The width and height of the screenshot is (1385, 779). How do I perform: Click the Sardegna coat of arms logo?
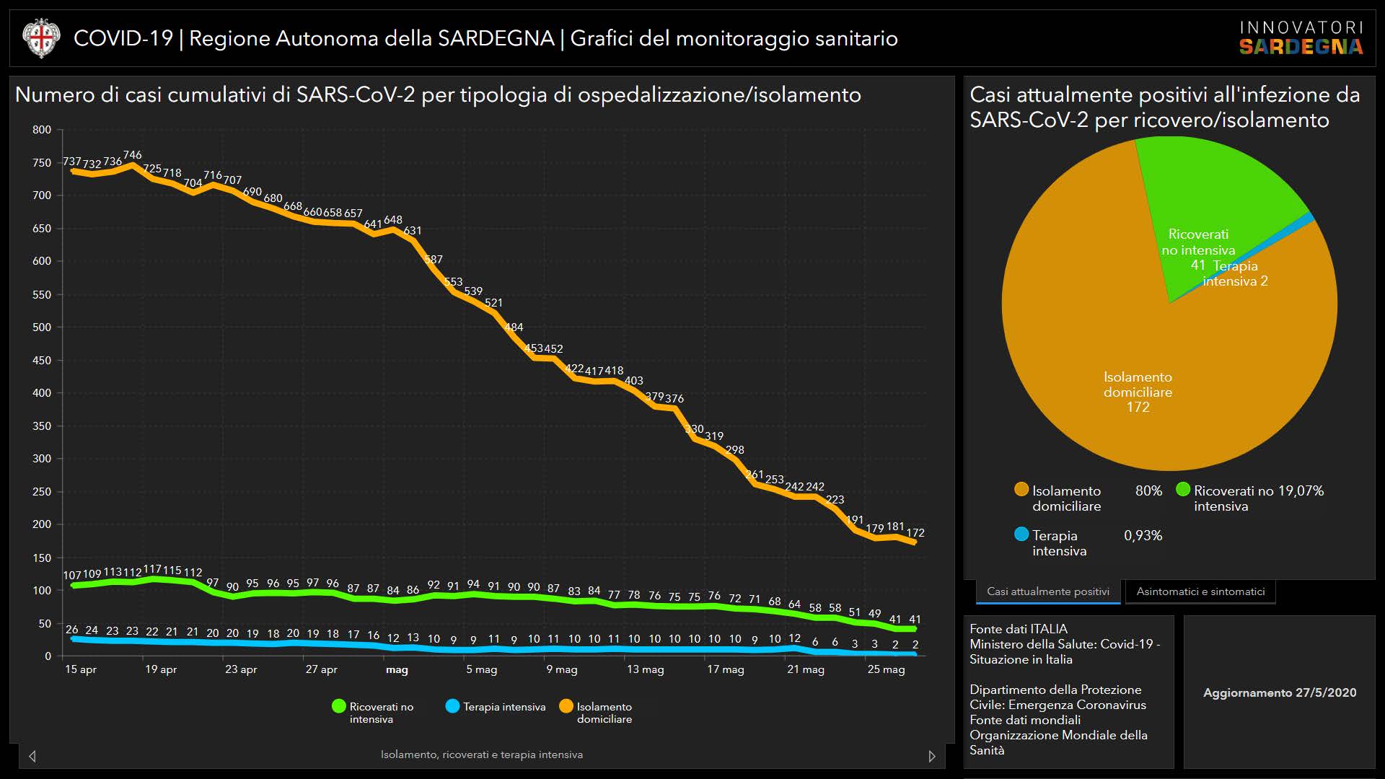(x=40, y=38)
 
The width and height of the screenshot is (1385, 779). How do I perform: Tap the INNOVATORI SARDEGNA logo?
(x=1301, y=38)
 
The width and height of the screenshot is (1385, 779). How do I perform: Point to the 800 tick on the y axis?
(x=42, y=130)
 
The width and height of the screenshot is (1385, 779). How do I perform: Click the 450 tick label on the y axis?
(x=42, y=361)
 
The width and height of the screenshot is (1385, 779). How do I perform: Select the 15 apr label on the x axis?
(x=80, y=669)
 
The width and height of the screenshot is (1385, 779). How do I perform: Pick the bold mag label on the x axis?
(x=397, y=669)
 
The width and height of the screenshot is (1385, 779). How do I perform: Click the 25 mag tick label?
(x=886, y=669)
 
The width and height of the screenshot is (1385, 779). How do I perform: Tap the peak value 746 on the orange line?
(x=132, y=155)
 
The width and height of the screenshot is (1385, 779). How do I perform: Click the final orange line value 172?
(x=915, y=533)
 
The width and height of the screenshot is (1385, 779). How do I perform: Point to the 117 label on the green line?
(x=152, y=569)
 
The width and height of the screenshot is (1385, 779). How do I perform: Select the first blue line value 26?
(x=72, y=630)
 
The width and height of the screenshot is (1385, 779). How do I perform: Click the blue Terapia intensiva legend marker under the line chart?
(x=452, y=706)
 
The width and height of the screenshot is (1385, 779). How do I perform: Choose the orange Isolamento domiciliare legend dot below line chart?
(x=566, y=706)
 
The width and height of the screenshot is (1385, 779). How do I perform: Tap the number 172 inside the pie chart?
(x=1138, y=408)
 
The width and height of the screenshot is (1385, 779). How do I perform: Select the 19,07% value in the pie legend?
(x=1301, y=491)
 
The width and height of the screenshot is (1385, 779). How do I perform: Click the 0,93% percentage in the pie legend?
(x=1143, y=536)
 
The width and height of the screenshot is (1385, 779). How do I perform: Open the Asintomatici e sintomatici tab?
(x=1200, y=591)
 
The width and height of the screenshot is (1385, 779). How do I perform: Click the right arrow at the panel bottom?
(x=931, y=756)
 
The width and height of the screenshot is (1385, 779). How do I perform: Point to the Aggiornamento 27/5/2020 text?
(x=1280, y=692)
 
